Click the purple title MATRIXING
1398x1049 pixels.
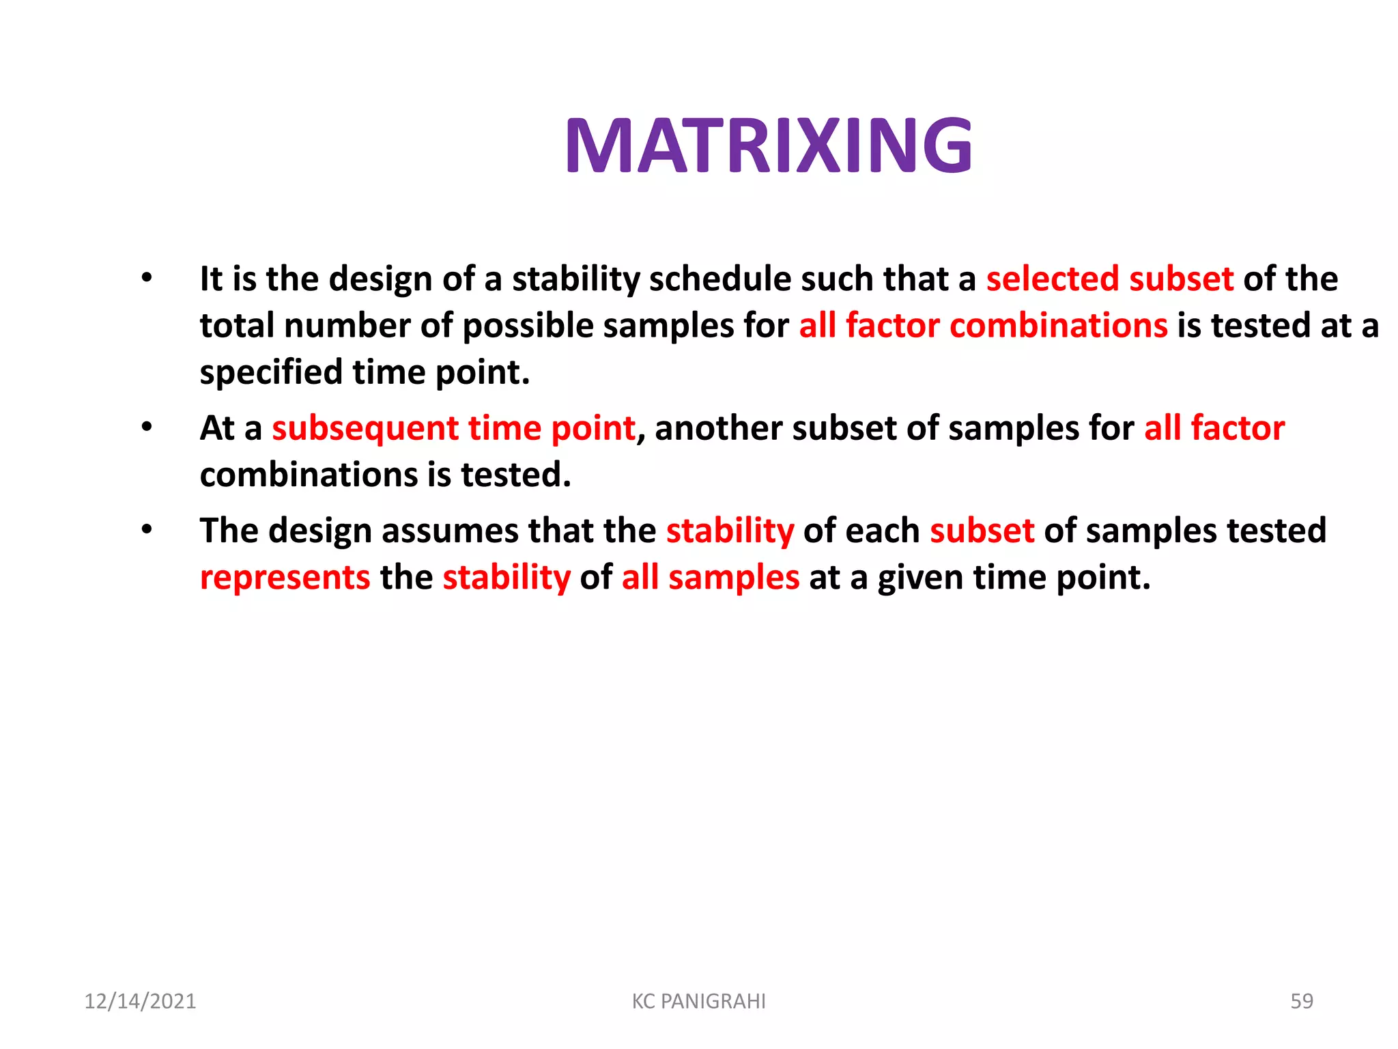(x=769, y=146)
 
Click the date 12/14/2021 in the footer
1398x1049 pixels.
(x=140, y=1001)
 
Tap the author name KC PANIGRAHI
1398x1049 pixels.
(x=698, y=1001)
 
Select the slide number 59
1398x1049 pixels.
(x=1301, y=1001)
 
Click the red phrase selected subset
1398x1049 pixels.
(x=1109, y=279)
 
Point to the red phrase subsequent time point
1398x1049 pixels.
(x=453, y=429)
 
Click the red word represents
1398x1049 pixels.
(x=285, y=578)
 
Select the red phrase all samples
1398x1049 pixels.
(x=710, y=578)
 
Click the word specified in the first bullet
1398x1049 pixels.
(x=271, y=373)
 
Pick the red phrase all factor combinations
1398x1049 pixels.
(x=983, y=326)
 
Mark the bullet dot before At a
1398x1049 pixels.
(x=147, y=428)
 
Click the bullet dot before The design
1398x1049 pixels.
(x=147, y=530)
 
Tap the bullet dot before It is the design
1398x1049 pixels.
(x=147, y=278)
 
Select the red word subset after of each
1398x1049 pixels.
(x=982, y=531)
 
